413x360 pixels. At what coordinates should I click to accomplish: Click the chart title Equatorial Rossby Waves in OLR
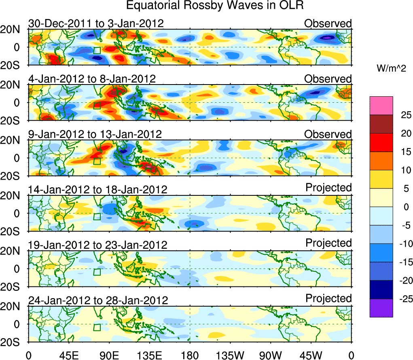pos(214,6)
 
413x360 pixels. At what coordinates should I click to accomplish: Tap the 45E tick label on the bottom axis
pos(68,355)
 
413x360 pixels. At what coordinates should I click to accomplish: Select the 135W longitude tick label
pos(230,355)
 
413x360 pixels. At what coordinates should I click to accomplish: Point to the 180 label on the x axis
pos(190,355)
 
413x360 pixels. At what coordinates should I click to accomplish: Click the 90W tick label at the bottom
pos(271,355)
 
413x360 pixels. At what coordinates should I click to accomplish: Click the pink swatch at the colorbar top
pos(381,106)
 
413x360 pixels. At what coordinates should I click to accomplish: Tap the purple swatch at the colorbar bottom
pos(381,308)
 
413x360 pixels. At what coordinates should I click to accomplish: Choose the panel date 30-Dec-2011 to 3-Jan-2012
pos(96,23)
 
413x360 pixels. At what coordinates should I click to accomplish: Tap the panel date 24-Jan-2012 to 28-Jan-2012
pos(97,301)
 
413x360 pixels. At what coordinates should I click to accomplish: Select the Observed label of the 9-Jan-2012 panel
pos(328,134)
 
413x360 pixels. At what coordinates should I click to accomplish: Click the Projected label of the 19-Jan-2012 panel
pos(328,243)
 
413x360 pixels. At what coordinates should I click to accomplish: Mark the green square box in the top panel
pos(97,50)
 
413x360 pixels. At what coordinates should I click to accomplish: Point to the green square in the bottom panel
pos(97,327)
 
